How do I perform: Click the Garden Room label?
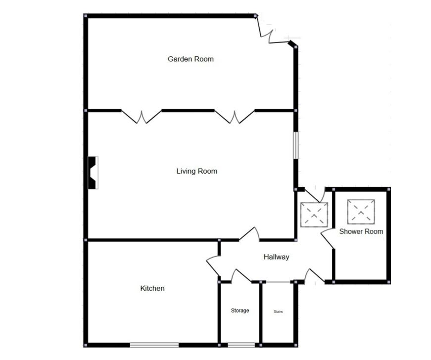click(191, 59)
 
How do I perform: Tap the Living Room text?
click(197, 172)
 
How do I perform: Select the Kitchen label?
click(152, 288)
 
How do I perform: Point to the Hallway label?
click(276, 257)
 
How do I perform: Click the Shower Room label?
click(361, 231)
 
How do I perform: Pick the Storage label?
click(240, 311)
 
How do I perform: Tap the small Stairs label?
click(278, 312)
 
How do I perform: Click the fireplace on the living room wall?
click(93, 173)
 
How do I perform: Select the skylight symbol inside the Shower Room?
click(361, 212)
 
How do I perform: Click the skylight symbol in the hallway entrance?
click(314, 215)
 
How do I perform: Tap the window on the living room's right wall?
click(296, 145)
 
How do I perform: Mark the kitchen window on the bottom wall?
click(154, 345)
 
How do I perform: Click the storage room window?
click(241, 345)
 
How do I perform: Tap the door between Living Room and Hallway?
click(249, 234)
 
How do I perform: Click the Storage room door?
click(241, 276)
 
